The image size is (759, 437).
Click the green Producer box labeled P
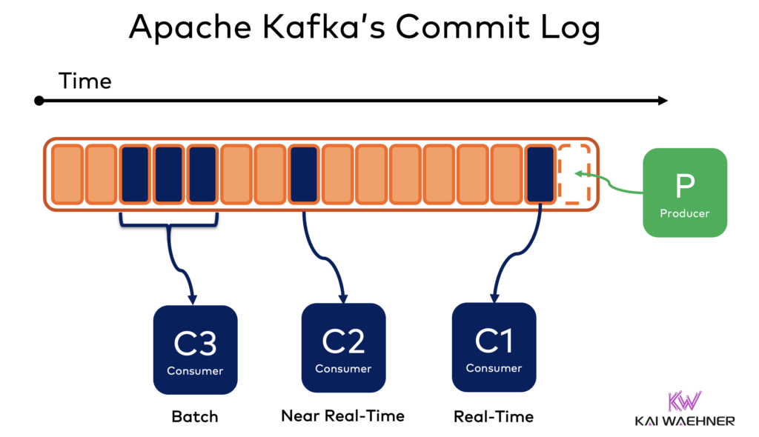coord(684,193)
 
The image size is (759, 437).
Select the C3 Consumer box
coord(195,350)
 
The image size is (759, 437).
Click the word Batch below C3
coord(195,416)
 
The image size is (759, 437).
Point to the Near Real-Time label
coord(342,416)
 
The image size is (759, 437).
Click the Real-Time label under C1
coord(494,416)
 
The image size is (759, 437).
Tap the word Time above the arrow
coord(85,80)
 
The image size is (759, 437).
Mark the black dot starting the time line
coord(39,101)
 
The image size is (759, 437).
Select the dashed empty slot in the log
coord(574,174)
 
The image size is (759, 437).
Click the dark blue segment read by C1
coord(540,174)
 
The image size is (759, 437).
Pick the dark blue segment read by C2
coord(304,174)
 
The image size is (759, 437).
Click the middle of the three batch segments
coord(169,174)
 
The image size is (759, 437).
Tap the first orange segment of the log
coord(67,174)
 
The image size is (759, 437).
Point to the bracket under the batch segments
coord(169,224)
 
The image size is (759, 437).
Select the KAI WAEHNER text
coord(684,421)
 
